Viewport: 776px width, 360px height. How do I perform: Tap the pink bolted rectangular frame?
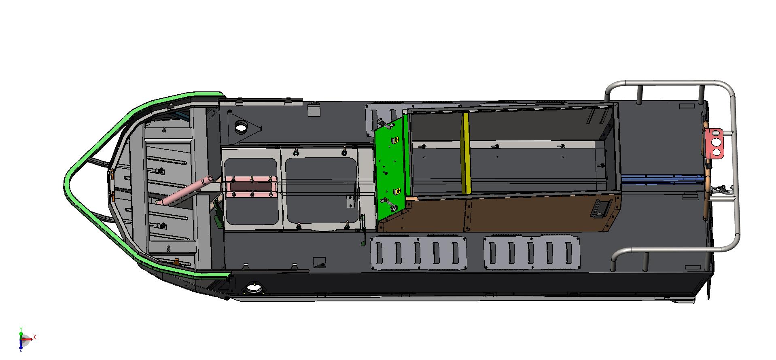click(x=251, y=187)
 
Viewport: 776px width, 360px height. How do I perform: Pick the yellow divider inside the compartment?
click(x=466, y=153)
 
